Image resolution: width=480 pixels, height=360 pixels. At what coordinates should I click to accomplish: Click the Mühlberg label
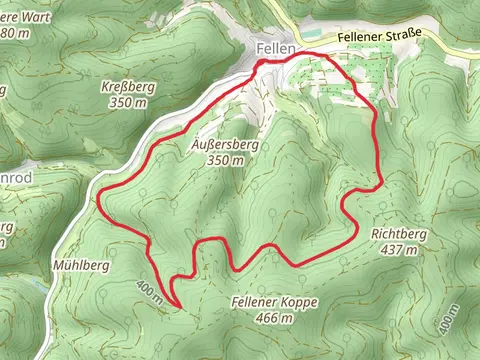pyautogui.click(x=79, y=266)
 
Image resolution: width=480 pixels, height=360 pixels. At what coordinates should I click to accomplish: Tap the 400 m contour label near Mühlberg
pyautogui.click(x=151, y=291)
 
